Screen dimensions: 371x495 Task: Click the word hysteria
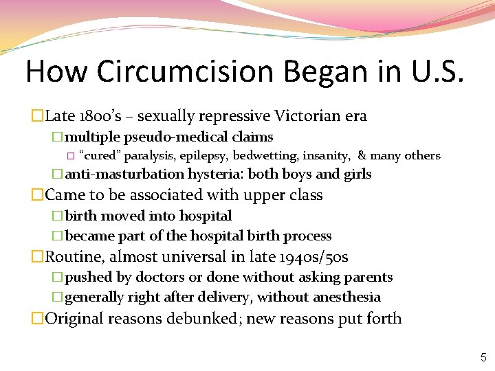coord(215,175)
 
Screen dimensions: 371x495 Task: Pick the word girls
coord(355,175)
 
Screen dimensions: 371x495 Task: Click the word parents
coord(368,277)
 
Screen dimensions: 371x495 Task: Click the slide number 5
coord(483,357)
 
